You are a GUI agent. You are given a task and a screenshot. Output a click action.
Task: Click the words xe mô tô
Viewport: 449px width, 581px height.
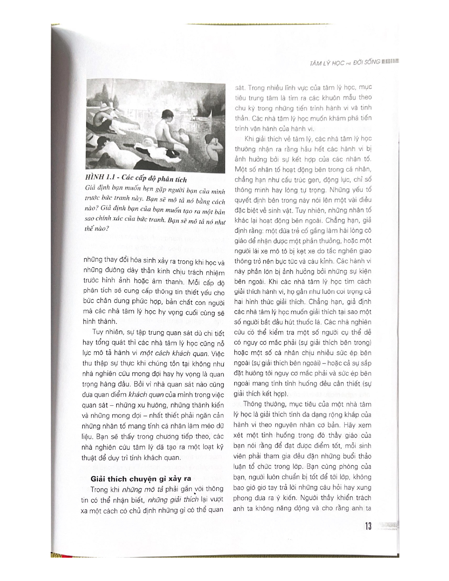[x=270, y=251]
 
